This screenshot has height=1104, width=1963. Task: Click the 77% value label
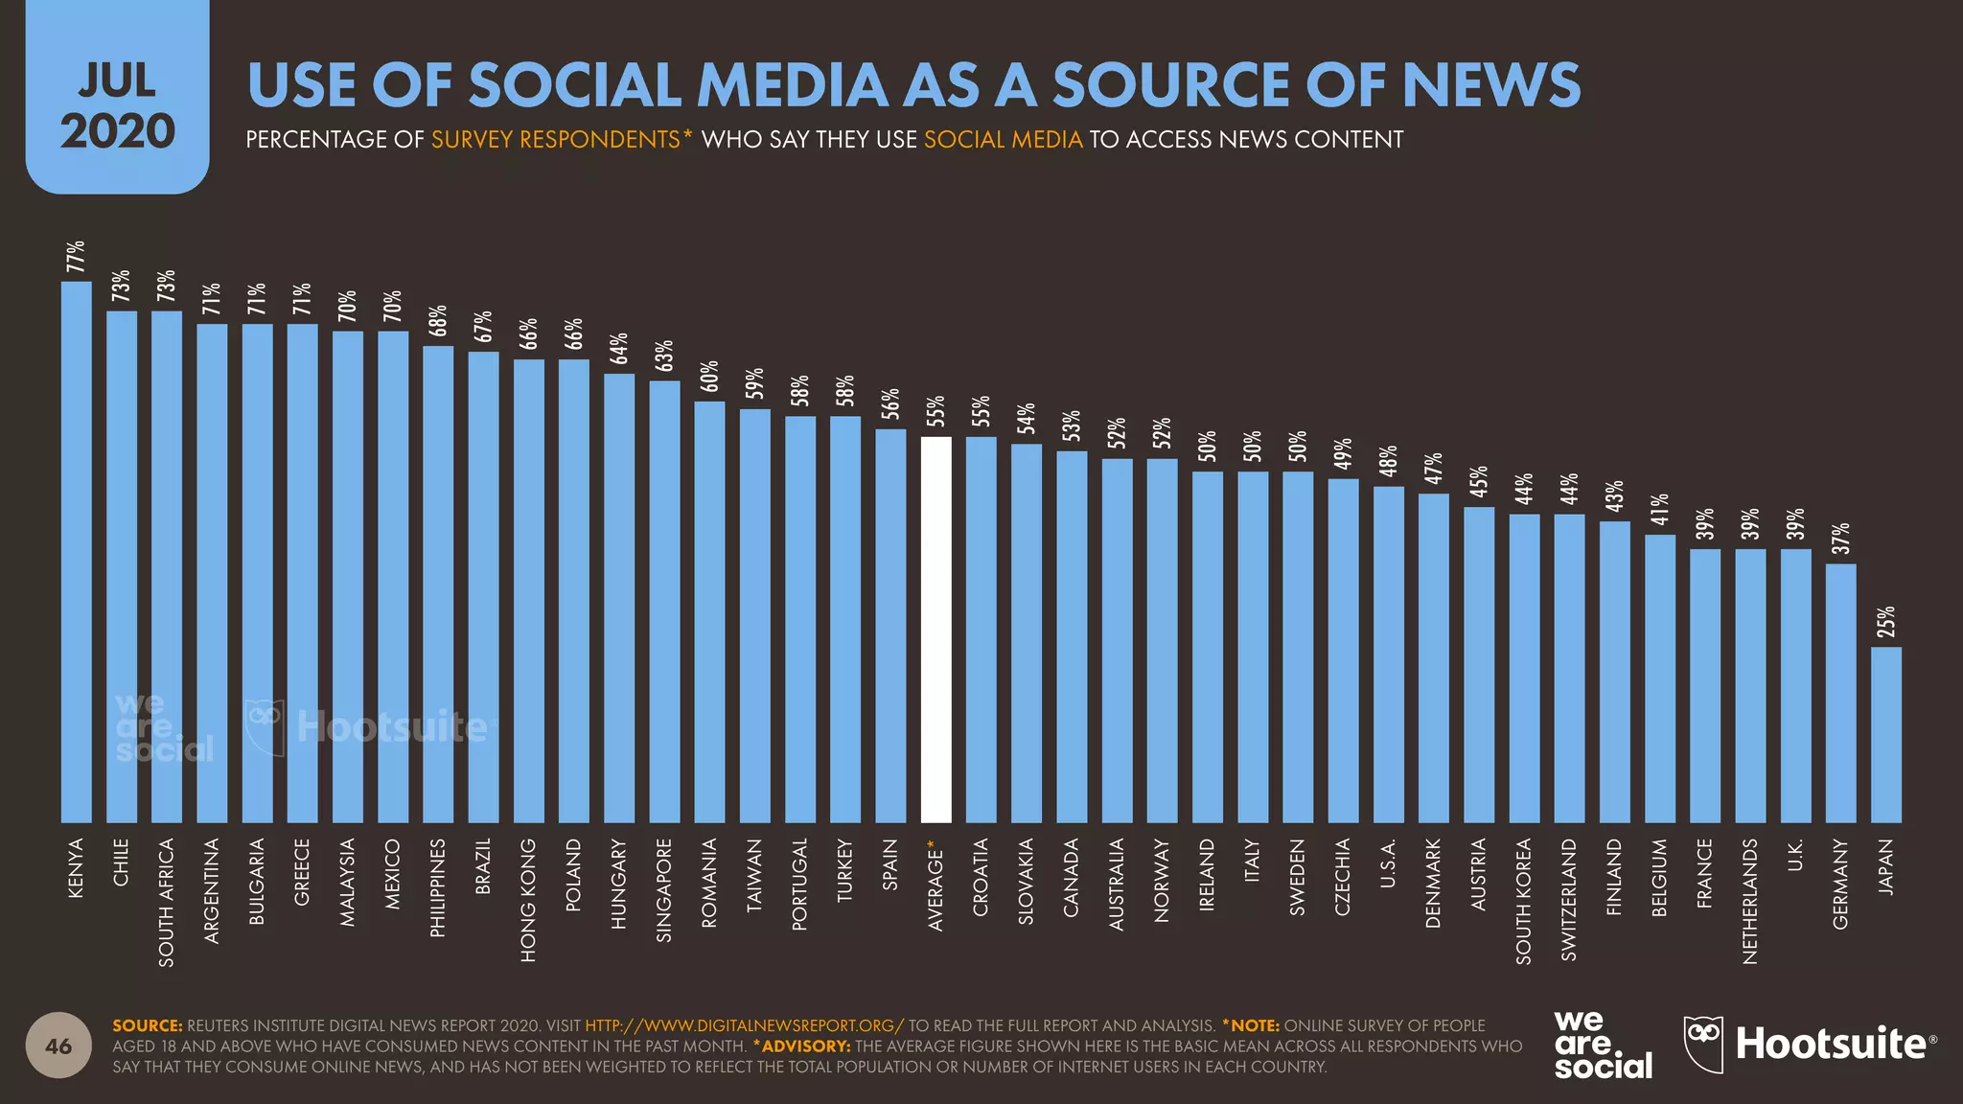pos(76,256)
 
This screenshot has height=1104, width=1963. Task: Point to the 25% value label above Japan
pos(1886,622)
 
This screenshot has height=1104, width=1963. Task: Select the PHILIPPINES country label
pos(438,887)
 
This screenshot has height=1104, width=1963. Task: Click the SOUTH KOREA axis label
pos(1524,900)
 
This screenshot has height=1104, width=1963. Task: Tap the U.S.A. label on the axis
pos(1388,862)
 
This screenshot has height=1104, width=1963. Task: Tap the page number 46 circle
pos(58,1046)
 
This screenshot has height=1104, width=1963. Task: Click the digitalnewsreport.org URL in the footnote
pos(744,1025)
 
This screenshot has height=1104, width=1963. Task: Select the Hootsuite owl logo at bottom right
pos(1704,1043)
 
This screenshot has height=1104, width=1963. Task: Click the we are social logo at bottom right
pos(1602,1045)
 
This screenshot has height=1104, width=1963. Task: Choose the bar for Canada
pos(1072,636)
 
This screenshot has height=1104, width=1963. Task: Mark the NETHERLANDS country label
pos(1750,901)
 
